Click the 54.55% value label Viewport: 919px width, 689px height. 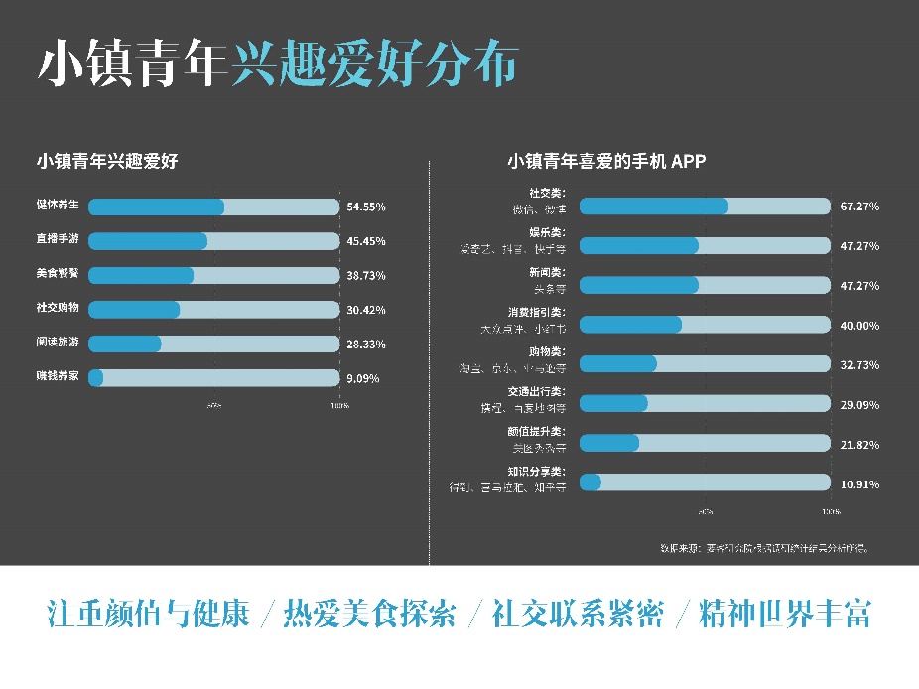[x=366, y=207]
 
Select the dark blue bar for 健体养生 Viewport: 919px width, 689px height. [x=156, y=207]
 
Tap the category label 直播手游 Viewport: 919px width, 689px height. [x=58, y=240]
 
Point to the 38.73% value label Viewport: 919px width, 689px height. [x=366, y=275]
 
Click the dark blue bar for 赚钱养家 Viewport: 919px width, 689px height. [x=96, y=377]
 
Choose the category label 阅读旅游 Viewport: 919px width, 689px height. [x=58, y=343]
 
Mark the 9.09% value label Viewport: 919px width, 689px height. [x=362, y=378]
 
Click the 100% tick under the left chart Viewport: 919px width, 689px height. [x=338, y=406]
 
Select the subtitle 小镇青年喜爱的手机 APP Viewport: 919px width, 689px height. [x=606, y=161]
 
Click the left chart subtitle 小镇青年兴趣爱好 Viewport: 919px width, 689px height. [x=107, y=161]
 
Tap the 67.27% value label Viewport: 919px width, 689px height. [x=859, y=207]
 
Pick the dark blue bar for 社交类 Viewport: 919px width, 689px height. [x=653, y=206]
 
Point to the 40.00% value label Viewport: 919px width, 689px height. [x=859, y=326]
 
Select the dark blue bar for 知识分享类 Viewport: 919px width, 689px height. [x=591, y=482]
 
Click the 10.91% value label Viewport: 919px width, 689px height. [x=859, y=483]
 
